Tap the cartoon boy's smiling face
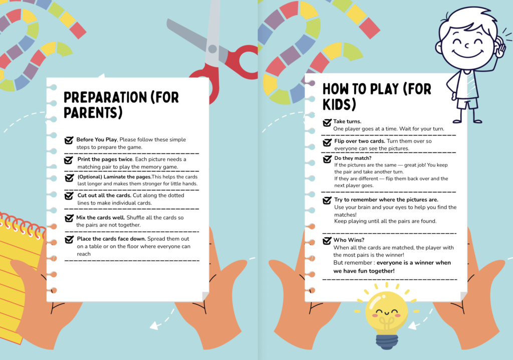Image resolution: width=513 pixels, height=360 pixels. [466, 43]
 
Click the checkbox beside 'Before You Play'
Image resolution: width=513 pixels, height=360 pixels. [69, 140]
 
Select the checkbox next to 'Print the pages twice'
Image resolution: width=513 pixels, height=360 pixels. [68, 160]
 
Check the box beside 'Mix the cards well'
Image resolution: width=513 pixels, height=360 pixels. [69, 218]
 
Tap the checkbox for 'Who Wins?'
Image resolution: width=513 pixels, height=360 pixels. [327, 241]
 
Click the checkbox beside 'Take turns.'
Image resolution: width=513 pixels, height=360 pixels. [327, 122]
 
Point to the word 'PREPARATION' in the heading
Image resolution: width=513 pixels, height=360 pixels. [105, 97]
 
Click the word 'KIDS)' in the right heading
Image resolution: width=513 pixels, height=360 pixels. [339, 104]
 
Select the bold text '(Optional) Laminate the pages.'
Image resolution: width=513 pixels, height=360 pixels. [114, 177]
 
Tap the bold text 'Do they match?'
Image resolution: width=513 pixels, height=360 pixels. [353, 158]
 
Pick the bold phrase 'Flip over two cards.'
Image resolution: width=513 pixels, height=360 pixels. [360, 141]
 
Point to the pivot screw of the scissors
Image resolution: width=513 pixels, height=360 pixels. [212, 49]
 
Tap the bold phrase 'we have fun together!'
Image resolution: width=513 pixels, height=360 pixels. [364, 271]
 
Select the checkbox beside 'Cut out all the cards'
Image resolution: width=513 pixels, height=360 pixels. [69, 196]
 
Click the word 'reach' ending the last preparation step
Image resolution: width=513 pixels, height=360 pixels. [84, 254]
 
